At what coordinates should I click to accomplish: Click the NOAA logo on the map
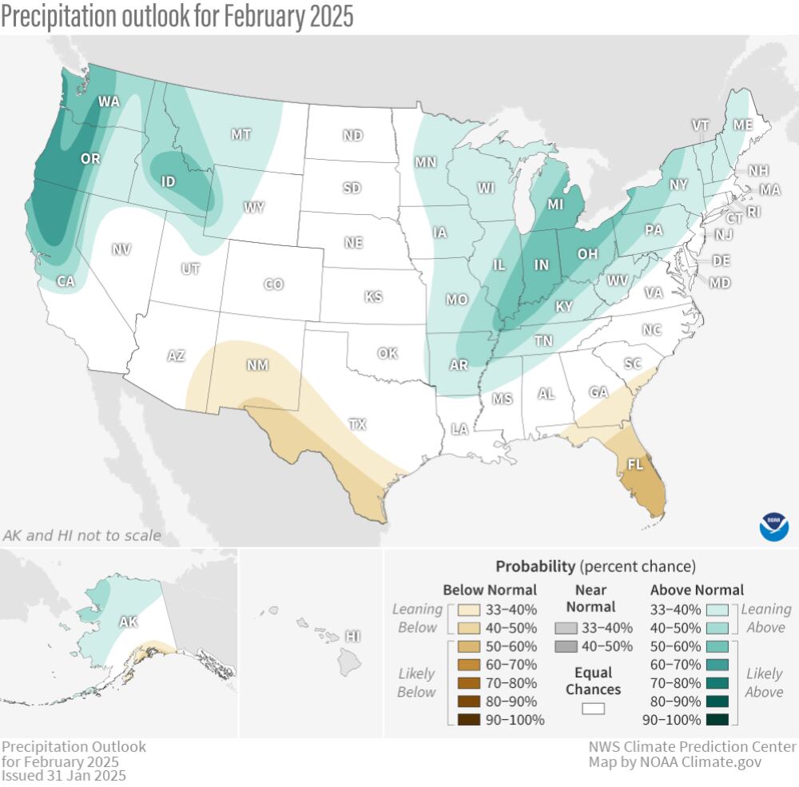point(773,527)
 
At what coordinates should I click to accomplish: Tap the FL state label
point(636,464)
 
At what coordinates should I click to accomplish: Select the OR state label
point(90,159)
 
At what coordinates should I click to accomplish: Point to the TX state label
point(356,424)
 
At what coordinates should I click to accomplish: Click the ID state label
point(168,182)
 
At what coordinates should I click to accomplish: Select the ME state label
point(743,125)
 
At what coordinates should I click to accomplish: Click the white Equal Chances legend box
point(593,709)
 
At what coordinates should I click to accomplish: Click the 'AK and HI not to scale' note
point(81,535)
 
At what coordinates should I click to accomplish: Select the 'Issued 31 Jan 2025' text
point(63,775)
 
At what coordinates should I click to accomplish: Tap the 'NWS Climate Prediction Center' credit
point(692,746)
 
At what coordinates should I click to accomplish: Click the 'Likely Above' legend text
point(764,682)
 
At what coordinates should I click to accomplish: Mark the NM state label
point(256,365)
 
